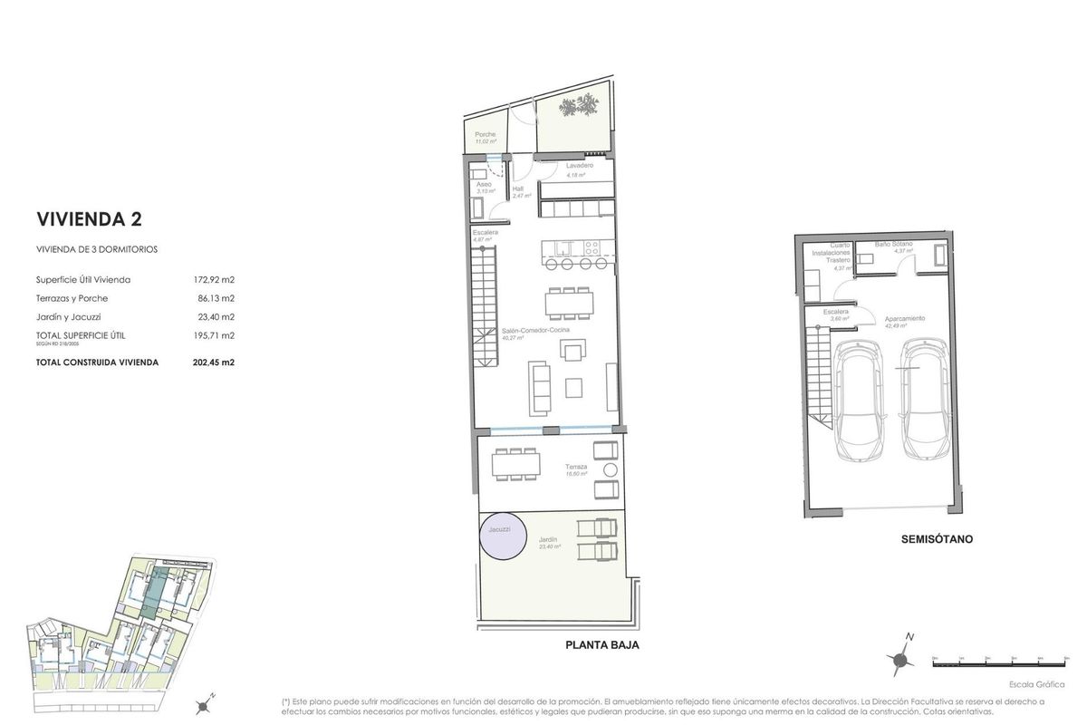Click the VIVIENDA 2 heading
[89, 218]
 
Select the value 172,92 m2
[215, 279]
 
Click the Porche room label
[486, 135]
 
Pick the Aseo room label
[485, 184]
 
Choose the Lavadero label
[580, 167]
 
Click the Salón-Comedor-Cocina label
[535, 332]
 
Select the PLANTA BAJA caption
[602, 645]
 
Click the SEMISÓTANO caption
[937, 538]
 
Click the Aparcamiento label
[904, 318]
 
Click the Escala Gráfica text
[1036, 684]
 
